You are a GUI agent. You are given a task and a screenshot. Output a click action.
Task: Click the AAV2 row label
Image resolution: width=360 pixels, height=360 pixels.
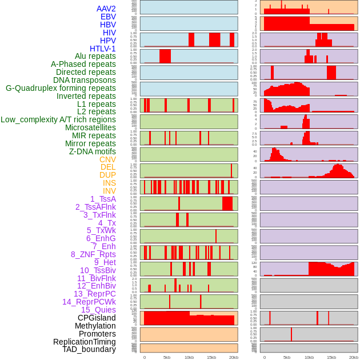(x=106, y=9)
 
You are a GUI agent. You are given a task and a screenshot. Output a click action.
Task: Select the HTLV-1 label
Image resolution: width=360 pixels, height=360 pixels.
(x=103, y=49)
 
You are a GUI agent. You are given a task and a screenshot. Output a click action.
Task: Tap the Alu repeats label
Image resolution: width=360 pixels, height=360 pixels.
(x=95, y=57)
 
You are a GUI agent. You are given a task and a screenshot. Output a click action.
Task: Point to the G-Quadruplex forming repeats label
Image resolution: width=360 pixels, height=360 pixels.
(x=61, y=88)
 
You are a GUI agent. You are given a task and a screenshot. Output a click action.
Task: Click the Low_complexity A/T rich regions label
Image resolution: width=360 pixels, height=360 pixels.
(x=58, y=119)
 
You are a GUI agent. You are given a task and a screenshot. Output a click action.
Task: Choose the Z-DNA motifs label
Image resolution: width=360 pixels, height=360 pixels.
(x=93, y=151)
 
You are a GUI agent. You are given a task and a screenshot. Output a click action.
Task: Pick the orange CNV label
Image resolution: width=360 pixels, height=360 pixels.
(x=107, y=159)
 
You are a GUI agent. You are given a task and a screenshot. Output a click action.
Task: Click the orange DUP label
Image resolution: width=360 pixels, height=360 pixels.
(x=107, y=175)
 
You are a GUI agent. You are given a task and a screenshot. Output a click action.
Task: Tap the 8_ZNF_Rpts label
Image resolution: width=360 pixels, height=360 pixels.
(x=93, y=254)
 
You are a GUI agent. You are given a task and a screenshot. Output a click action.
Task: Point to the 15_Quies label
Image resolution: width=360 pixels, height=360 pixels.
(x=98, y=310)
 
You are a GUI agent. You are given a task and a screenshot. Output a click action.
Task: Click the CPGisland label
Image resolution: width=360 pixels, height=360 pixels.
(x=97, y=318)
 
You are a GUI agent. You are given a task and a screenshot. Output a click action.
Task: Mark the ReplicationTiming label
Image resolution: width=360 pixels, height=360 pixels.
(x=85, y=342)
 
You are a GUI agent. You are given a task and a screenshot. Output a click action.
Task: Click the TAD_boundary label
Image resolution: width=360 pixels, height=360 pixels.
(x=89, y=349)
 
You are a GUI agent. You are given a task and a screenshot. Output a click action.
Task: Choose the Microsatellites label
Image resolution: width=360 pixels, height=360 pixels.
(x=90, y=127)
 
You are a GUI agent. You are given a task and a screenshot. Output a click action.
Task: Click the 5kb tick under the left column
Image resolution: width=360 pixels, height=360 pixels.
(x=167, y=357)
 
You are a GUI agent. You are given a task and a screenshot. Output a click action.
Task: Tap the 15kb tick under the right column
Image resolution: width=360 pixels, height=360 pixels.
(x=331, y=357)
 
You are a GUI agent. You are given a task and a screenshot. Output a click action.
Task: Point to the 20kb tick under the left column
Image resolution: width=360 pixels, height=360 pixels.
(x=234, y=357)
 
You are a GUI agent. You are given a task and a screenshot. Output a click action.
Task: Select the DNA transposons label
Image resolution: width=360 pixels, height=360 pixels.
(x=85, y=80)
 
